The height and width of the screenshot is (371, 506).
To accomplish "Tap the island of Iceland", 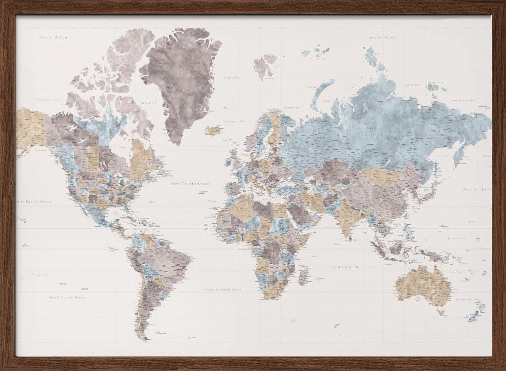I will [x=215, y=130].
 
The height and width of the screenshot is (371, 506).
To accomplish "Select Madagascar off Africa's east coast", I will [x=304, y=276].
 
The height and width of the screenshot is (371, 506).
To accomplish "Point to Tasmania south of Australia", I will [x=442, y=312].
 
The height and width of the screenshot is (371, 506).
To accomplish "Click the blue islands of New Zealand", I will [x=476, y=311].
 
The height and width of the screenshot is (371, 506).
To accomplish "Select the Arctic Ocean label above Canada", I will [x=53, y=37].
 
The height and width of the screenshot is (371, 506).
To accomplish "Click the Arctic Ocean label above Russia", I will [x=383, y=37].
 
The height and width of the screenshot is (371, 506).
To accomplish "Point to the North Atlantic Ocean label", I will [x=189, y=184].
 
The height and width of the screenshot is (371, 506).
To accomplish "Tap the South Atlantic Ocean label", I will [x=222, y=290].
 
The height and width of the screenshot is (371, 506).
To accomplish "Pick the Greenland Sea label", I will [x=230, y=77].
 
